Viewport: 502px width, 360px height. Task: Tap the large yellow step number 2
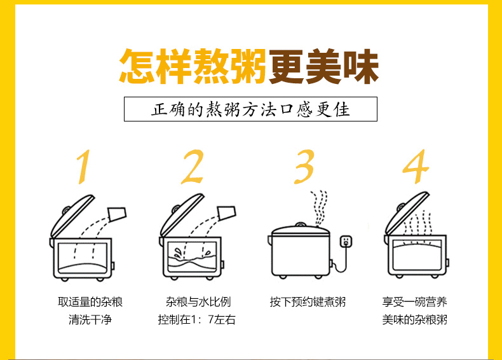[193, 167]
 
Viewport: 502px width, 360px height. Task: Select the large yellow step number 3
[304, 167]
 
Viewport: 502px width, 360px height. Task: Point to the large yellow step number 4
[416, 167]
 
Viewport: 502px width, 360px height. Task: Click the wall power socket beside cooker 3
[346, 242]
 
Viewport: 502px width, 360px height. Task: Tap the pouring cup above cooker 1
[118, 214]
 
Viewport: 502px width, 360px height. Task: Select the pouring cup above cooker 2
[227, 212]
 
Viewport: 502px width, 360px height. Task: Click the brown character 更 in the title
[287, 67]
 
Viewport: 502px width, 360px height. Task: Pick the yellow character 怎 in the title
[137, 67]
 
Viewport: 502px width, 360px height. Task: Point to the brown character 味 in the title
[361, 67]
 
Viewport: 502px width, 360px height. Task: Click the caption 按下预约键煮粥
[308, 302]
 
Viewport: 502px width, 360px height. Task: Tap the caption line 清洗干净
[90, 319]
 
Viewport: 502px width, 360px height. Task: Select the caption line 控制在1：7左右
[196, 319]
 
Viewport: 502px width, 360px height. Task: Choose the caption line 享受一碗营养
[414, 302]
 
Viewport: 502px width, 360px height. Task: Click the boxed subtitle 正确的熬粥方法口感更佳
[250, 109]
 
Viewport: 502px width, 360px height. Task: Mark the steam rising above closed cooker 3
[319, 208]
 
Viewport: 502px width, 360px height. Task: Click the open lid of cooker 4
[407, 214]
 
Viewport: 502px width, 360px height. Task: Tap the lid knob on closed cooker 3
[301, 225]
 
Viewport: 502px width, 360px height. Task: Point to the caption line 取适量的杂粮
[90, 302]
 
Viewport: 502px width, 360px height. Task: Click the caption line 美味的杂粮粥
[414, 319]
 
